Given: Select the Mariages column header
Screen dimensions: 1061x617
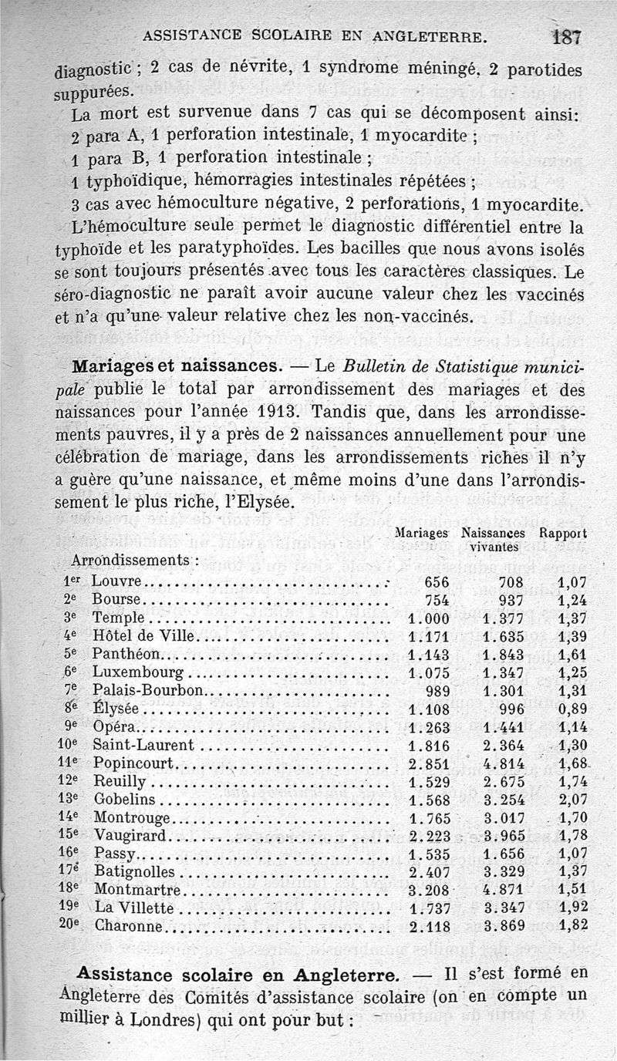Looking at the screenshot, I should click(x=421, y=533).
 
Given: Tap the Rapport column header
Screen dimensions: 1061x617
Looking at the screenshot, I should click(x=563, y=533).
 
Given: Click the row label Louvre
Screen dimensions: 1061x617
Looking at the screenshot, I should click(x=116, y=580).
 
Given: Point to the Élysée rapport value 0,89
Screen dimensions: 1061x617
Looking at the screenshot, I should click(x=571, y=709).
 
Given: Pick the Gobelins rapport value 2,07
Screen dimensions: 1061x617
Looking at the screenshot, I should click(x=571, y=799).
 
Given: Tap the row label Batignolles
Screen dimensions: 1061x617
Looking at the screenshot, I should click(x=135, y=871).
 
